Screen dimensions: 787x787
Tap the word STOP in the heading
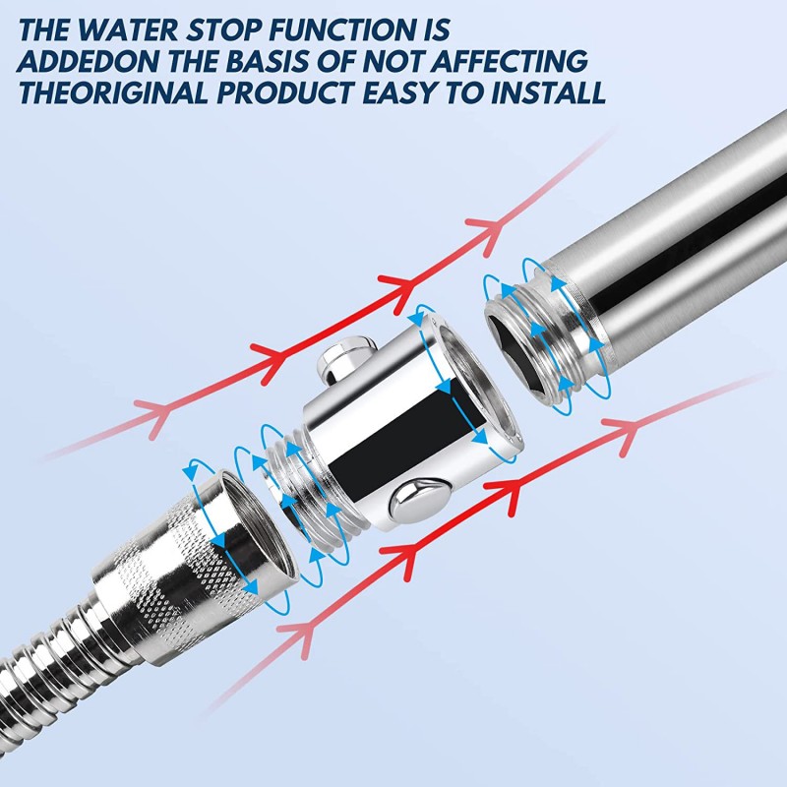[223, 30]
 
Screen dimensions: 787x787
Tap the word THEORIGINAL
[113, 92]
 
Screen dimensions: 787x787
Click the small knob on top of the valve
[346, 358]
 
